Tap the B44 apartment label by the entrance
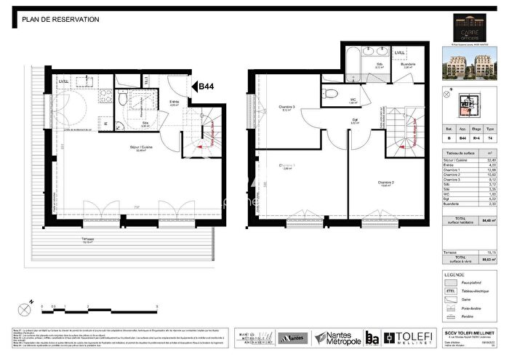(x=204, y=87)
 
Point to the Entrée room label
(x=175, y=103)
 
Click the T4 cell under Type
(x=492, y=146)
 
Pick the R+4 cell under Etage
(x=476, y=146)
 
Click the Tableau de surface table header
(x=459, y=154)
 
